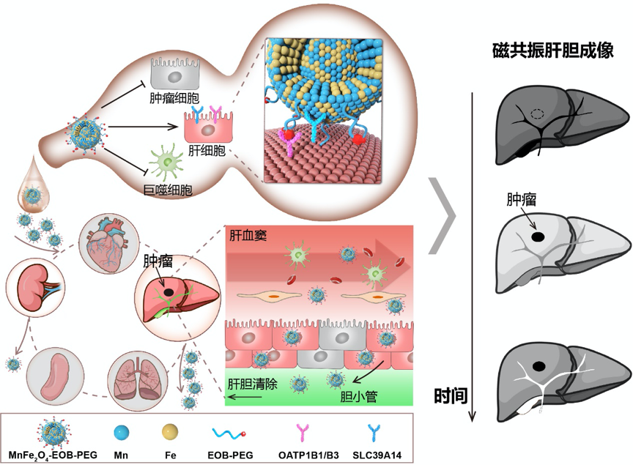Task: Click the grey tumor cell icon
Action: [175, 73]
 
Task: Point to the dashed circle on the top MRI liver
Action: [536, 114]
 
